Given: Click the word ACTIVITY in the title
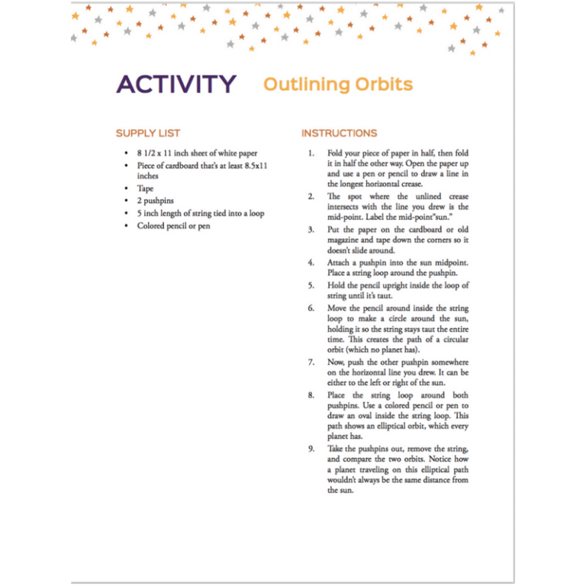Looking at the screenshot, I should coord(176,84).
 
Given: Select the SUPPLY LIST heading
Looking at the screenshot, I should coord(148,133).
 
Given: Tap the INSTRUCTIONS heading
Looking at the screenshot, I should coord(339,133).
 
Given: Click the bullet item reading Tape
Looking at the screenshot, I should coord(145,188).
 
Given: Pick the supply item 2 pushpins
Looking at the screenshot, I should coord(156,201).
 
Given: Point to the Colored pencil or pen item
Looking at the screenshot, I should coord(173,226).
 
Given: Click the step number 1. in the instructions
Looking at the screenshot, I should coord(311,153).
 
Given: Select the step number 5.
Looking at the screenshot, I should coord(311,285).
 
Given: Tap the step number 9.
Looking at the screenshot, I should coord(311,449).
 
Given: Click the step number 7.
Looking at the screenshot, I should coord(311,362).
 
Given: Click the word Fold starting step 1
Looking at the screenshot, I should coord(335,153).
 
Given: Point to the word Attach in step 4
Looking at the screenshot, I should coord(340,262).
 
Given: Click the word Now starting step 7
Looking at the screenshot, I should coord(336,362).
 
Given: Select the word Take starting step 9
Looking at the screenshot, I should coord(335,449).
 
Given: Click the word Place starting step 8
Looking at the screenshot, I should coord(337,395).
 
